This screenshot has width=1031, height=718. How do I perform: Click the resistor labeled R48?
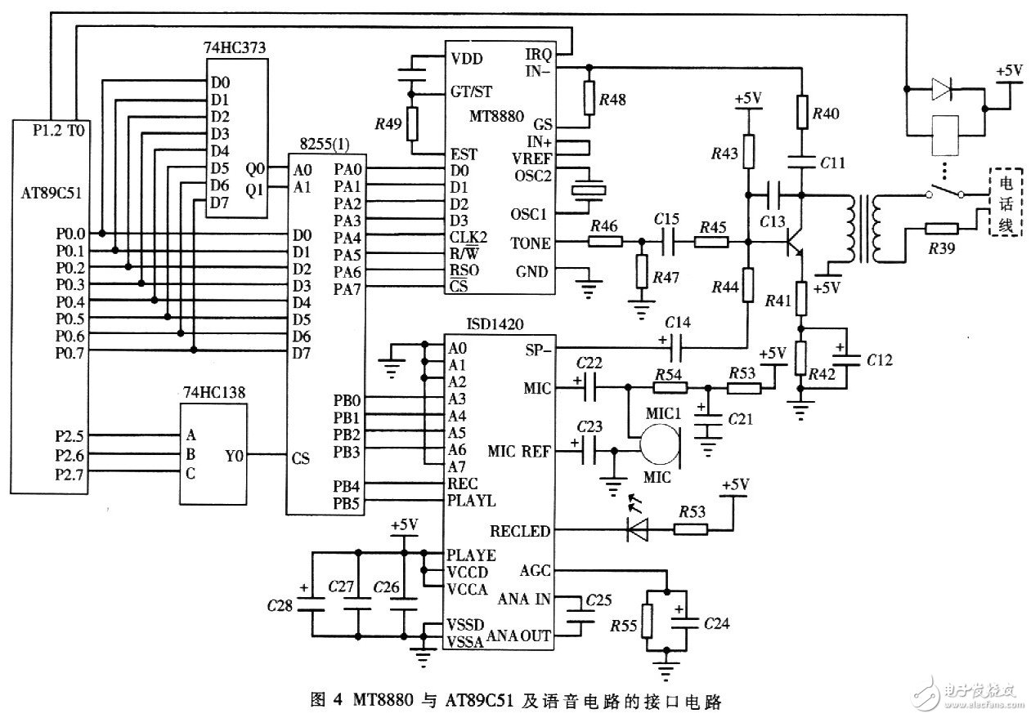click(589, 98)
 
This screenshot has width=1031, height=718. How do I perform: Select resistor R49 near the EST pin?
click(411, 124)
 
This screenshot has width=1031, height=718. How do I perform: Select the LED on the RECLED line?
click(637, 529)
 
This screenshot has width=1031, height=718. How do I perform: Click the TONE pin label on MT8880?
click(530, 243)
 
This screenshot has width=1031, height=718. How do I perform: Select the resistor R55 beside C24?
click(647, 621)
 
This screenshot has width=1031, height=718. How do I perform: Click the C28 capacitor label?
click(280, 605)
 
